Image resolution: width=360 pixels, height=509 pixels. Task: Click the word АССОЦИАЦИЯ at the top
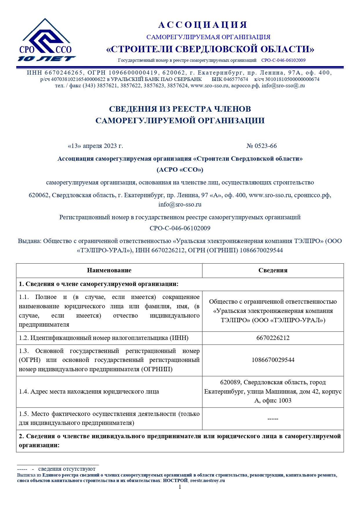click(203, 25)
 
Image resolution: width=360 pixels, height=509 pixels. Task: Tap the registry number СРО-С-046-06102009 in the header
click(283, 60)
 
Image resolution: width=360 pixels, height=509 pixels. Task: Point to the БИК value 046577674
click(236, 79)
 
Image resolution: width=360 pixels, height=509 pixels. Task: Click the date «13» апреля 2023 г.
click(95, 146)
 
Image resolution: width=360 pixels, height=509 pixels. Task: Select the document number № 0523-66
click(262, 146)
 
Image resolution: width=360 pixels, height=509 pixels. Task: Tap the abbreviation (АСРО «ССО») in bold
click(180, 170)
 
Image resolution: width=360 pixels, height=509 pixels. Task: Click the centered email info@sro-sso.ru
click(180, 204)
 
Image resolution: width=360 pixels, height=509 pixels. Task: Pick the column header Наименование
click(109, 270)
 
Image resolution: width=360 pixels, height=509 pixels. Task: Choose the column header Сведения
click(273, 270)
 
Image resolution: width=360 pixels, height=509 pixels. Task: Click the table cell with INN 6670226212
click(273, 338)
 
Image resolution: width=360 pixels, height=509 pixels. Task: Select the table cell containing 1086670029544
click(273, 360)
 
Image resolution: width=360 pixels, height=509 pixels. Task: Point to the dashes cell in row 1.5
click(273, 419)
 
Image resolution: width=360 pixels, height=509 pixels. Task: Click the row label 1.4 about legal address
click(89, 392)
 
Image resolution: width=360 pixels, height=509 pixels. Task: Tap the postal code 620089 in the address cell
click(230, 382)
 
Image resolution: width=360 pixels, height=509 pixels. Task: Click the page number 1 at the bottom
click(180, 487)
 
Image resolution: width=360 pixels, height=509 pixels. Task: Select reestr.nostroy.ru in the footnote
click(207, 481)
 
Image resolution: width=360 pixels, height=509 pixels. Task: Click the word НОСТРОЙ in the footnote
click(175, 481)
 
